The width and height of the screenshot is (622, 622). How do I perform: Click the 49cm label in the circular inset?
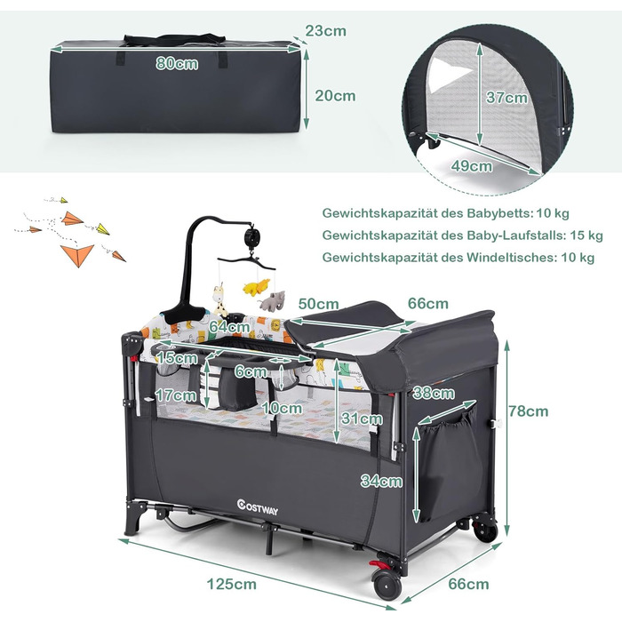[470, 166]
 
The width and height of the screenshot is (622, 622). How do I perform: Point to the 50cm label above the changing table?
[318, 304]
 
